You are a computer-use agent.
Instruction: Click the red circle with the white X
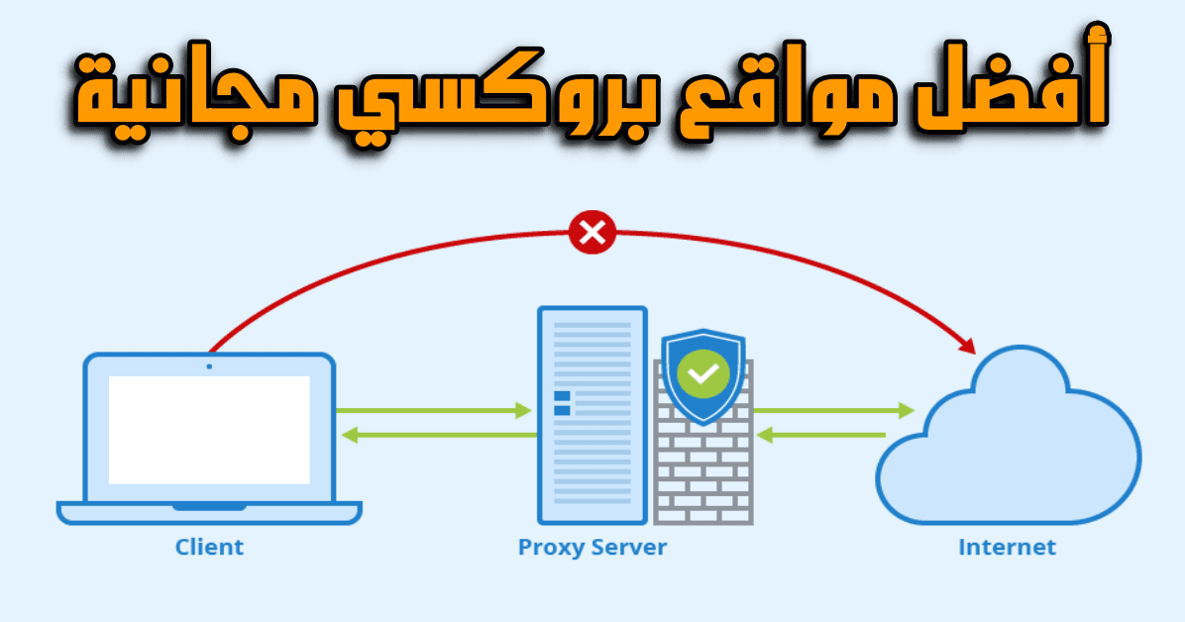592,234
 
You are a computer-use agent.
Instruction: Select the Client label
209,546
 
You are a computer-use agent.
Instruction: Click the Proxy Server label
592,546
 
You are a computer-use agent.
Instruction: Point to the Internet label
1007,546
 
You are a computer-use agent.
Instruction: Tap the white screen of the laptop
209,429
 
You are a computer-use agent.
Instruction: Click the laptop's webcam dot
209,366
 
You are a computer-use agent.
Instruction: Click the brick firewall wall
703,470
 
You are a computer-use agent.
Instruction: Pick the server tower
592,414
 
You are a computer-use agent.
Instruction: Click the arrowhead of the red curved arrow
966,346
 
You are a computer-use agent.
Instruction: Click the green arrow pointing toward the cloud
832,409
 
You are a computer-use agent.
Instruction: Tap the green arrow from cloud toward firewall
820,434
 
